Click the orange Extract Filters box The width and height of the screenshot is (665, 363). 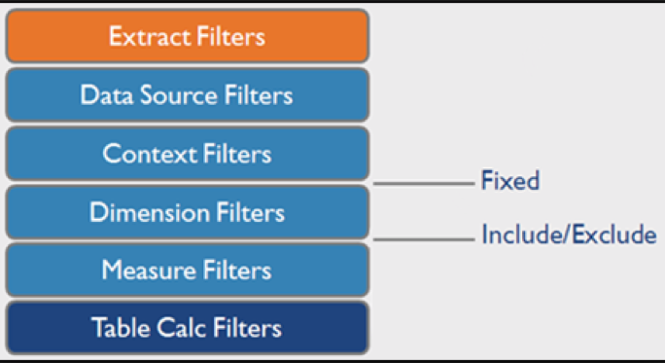coord(187,36)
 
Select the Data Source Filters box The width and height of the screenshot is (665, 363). coord(187,95)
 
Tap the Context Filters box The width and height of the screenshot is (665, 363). coord(187,154)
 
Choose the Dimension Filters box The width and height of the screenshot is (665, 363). coord(187,212)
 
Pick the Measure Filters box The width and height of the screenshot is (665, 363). coord(187,270)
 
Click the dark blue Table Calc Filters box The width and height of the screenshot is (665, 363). coord(187,328)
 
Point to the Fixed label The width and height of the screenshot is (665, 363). coord(509,181)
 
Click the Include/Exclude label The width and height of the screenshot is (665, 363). coord(569,236)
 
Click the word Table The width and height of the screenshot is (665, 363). coord(120,328)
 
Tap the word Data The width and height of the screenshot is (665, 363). coord(105,95)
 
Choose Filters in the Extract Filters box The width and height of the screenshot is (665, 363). coord(227,37)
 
